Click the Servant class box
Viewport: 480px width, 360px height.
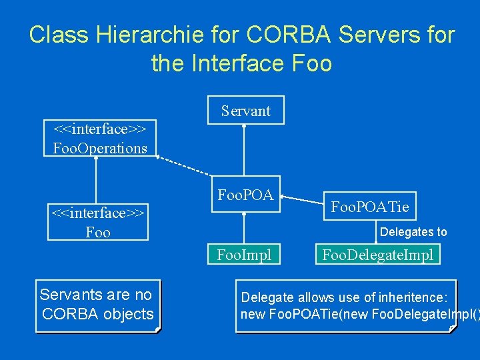point(245,111)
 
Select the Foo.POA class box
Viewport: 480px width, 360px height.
point(245,196)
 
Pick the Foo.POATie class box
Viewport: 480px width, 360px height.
point(370,208)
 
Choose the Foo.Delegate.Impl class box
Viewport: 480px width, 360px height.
point(377,254)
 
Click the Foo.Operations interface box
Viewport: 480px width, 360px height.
point(100,138)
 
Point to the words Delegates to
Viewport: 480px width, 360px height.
point(413,232)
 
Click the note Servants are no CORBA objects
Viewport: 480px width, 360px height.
point(97,305)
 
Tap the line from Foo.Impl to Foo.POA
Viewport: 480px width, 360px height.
point(245,227)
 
